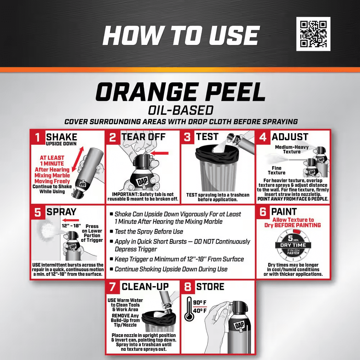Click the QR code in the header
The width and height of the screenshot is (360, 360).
click(x=313, y=33)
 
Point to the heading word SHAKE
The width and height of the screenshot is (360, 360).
click(x=62, y=137)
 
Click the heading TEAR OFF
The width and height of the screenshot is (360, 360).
click(x=143, y=137)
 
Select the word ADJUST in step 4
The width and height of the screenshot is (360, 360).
click(x=290, y=137)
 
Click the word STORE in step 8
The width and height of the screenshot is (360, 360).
click(x=210, y=287)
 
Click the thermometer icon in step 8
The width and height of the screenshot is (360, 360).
click(x=189, y=309)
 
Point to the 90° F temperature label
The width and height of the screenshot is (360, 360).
click(x=200, y=302)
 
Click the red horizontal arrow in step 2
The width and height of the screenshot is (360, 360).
click(x=161, y=153)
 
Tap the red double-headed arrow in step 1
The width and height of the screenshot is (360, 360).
click(x=76, y=158)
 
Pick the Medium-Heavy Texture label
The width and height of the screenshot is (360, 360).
click(x=292, y=149)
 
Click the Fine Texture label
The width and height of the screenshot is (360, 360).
click(x=276, y=170)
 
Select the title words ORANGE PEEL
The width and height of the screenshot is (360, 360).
click(x=180, y=92)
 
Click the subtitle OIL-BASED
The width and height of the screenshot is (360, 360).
click(x=180, y=110)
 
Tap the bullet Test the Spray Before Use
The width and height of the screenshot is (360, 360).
click(x=149, y=231)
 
